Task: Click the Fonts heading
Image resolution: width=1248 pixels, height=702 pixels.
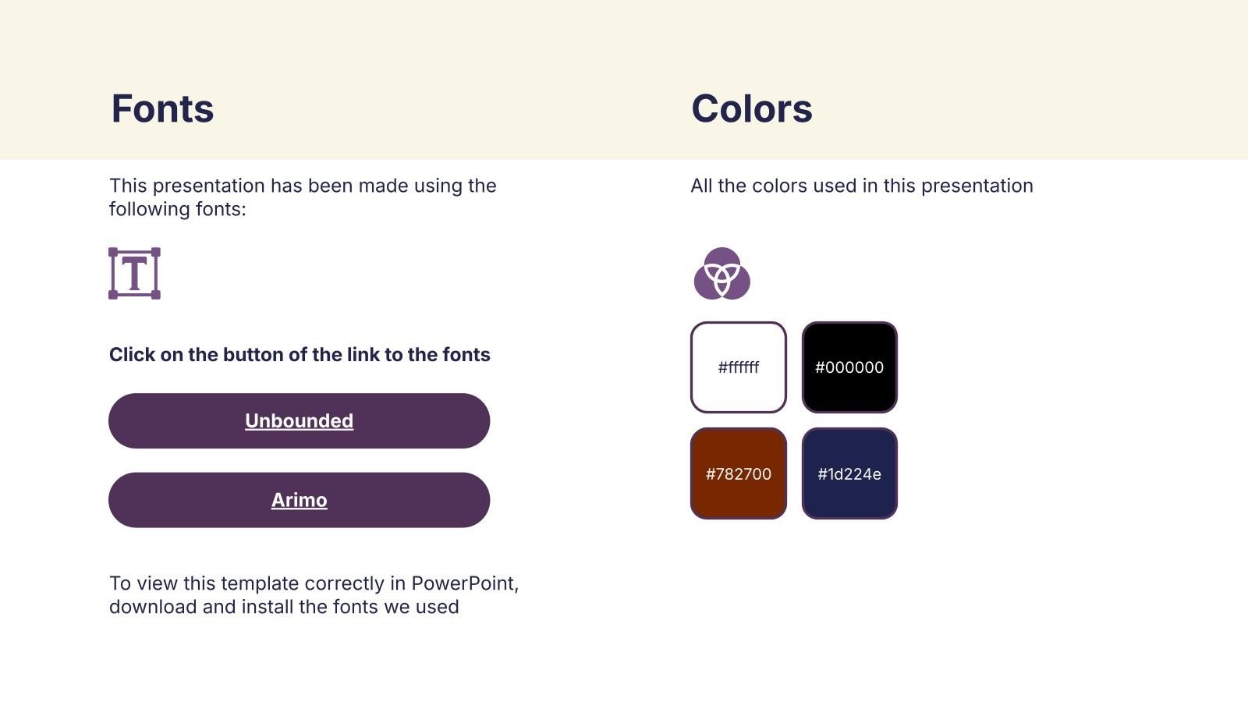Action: (162, 108)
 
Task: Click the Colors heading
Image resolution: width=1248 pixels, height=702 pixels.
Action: (752, 108)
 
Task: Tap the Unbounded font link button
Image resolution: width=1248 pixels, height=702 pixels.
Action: (300, 420)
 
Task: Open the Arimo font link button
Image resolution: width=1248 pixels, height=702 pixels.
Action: (300, 500)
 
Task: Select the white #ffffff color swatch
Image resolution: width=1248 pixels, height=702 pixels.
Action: (738, 367)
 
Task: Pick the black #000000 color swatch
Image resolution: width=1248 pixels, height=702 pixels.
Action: (849, 367)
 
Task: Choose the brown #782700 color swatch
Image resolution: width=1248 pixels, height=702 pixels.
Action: (738, 473)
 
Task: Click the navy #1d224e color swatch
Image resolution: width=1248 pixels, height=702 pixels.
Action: (849, 473)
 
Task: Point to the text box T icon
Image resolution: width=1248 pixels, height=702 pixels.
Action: (134, 274)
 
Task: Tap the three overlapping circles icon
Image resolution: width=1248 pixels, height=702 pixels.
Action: (722, 274)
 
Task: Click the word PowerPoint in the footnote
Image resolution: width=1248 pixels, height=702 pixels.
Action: (465, 583)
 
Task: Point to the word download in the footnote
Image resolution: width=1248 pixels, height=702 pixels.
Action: (153, 607)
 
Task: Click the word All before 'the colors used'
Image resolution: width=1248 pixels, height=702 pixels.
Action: (701, 186)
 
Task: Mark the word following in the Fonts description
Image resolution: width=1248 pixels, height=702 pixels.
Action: (149, 210)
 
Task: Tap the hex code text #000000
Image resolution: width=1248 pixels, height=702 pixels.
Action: (849, 367)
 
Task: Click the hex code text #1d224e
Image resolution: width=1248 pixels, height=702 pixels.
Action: (849, 474)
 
